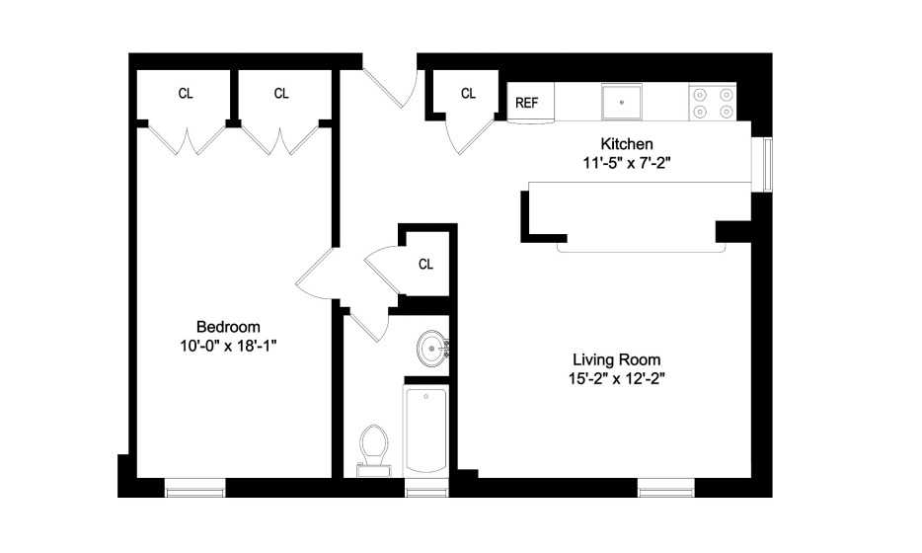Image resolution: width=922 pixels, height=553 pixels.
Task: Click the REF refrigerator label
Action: (x=526, y=103)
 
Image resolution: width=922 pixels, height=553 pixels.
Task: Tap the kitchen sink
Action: (x=622, y=101)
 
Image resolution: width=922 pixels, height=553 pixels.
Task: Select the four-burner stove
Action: (x=713, y=103)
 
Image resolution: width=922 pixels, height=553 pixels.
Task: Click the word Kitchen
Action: (x=626, y=144)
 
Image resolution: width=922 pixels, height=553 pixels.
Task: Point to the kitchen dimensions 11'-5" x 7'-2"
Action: (x=626, y=163)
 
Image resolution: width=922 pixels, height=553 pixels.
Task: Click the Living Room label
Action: (x=616, y=359)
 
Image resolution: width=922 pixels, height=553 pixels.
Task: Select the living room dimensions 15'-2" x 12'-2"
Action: (x=616, y=379)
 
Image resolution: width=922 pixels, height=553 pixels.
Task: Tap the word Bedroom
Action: (x=228, y=327)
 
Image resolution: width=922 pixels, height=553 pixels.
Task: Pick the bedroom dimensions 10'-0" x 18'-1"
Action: (x=228, y=346)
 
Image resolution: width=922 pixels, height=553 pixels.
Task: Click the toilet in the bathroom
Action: (x=374, y=450)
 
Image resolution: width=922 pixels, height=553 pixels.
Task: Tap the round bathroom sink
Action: (x=432, y=349)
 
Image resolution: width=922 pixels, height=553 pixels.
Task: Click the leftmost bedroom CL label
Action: (x=186, y=94)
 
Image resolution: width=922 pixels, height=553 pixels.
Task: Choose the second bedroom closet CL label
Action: (x=281, y=94)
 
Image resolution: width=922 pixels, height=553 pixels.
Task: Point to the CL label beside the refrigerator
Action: (x=468, y=94)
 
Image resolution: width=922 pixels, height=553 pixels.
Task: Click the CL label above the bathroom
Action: (x=425, y=265)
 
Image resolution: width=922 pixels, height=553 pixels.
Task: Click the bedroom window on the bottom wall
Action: (x=195, y=488)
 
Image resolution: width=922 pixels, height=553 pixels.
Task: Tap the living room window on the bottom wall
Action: (x=666, y=488)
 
